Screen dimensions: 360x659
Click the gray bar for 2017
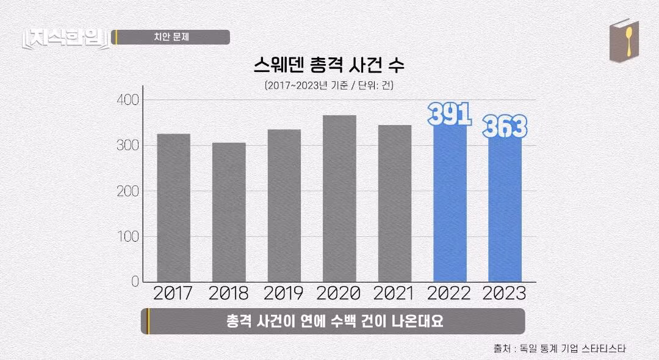tap(173, 207)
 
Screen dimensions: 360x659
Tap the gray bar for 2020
tap(339, 198)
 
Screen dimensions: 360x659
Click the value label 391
tap(450, 114)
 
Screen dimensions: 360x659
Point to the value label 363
tap(505, 128)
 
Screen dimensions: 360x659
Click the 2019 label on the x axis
tap(284, 293)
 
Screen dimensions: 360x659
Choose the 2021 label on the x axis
tap(394, 293)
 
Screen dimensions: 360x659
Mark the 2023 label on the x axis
tap(504, 293)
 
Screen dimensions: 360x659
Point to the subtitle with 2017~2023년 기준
tap(329, 86)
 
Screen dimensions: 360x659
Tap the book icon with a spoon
tap(624, 41)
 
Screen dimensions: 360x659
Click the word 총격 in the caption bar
tap(241, 322)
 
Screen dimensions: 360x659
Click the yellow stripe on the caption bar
tap(148, 321)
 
